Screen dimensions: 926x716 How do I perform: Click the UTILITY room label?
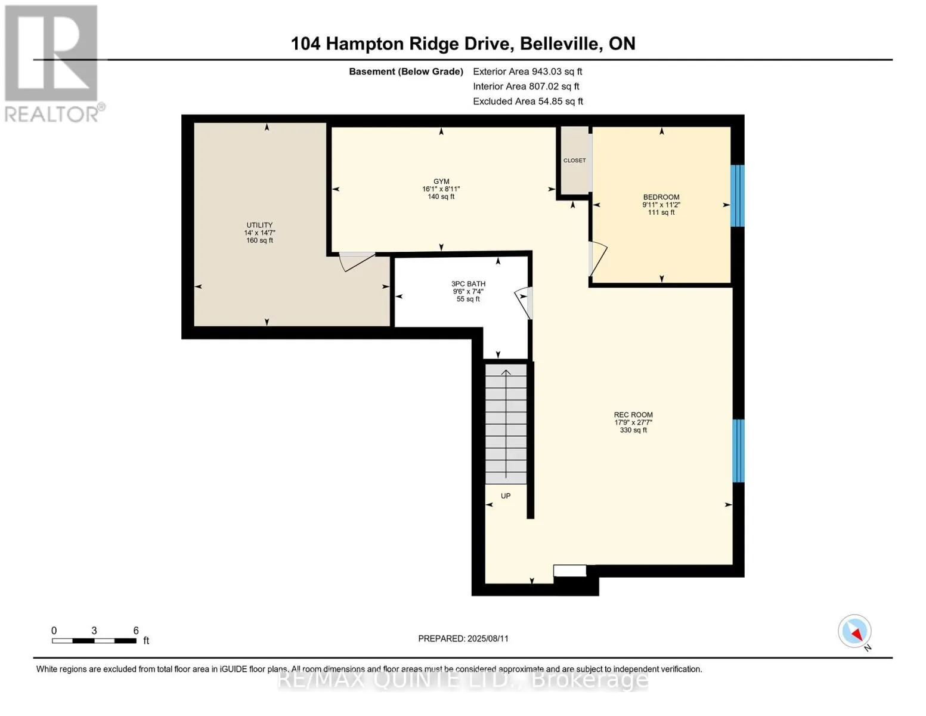click(259, 226)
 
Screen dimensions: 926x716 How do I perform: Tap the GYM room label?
click(441, 181)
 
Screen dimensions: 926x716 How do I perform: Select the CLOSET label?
click(574, 161)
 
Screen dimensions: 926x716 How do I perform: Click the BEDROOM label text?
click(661, 197)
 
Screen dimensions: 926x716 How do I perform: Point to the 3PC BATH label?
click(468, 284)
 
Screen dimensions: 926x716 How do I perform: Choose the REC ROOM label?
click(633, 415)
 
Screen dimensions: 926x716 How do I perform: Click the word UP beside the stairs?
click(506, 496)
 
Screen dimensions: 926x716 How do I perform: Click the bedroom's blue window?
click(738, 196)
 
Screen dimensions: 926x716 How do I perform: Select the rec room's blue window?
click(738, 450)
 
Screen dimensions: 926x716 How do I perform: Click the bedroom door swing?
click(597, 259)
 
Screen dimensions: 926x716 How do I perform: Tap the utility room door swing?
click(356, 261)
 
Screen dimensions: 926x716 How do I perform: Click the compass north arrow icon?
click(854, 632)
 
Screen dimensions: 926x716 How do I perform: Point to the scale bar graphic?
click(94, 641)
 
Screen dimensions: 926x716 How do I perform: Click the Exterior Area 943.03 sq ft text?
click(527, 72)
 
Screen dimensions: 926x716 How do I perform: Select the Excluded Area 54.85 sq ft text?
click(528, 101)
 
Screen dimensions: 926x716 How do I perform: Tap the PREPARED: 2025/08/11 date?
click(463, 638)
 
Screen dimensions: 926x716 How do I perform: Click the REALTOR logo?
click(52, 63)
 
